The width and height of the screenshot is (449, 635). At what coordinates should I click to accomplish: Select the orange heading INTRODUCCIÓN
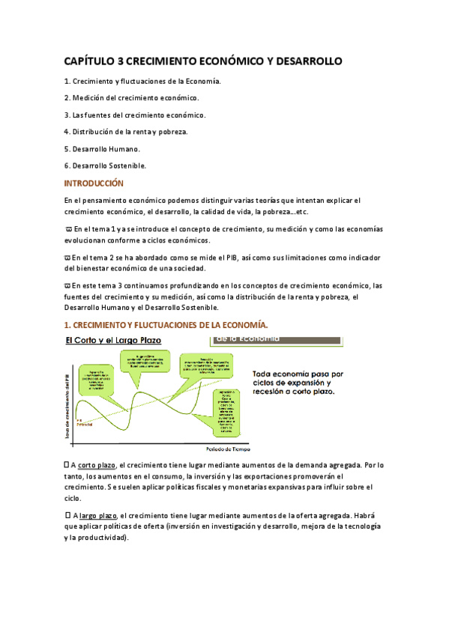click(93, 183)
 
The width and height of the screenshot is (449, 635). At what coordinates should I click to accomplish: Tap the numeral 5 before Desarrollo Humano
click(66, 148)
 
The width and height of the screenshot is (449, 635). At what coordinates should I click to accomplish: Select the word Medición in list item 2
click(88, 97)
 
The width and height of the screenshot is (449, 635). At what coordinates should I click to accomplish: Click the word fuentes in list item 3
click(106, 115)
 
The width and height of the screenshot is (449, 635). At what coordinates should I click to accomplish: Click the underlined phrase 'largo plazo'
click(97, 515)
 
